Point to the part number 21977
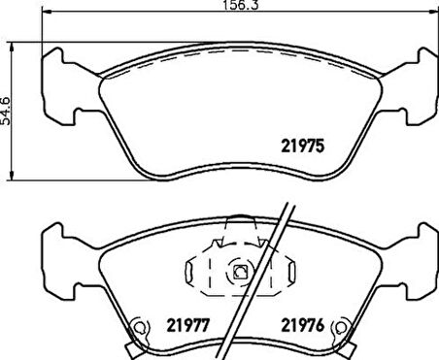pyautogui.click(x=188, y=324)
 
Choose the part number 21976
pyautogui.click(x=301, y=324)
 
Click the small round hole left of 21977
pyautogui.click(x=140, y=327)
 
